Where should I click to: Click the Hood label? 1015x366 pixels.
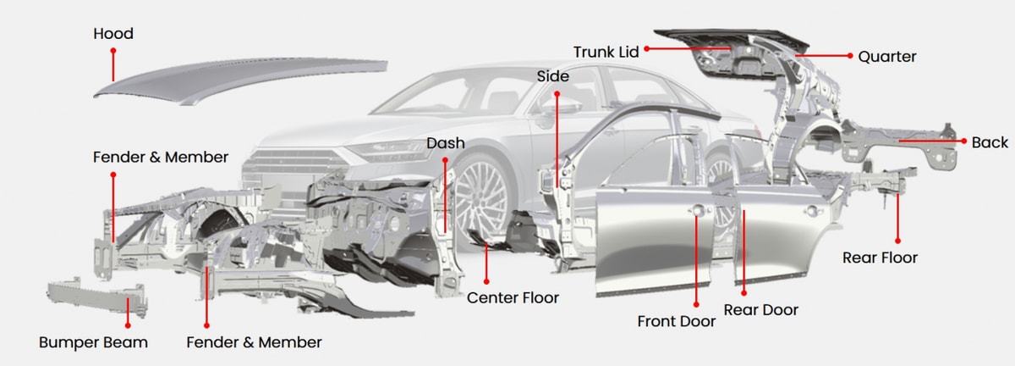(x=113, y=34)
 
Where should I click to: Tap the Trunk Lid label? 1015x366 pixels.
(x=606, y=52)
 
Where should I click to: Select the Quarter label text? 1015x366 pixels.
(x=886, y=57)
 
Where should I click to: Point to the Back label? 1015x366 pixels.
(x=990, y=142)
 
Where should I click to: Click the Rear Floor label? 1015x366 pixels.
(x=880, y=258)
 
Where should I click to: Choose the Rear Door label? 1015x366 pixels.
(x=760, y=310)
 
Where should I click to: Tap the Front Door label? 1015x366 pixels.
(x=677, y=321)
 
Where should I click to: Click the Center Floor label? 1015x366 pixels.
(x=513, y=298)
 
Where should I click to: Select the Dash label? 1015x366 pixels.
(x=446, y=143)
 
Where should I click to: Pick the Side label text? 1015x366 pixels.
(x=553, y=76)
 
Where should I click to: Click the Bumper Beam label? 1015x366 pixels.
(x=93, y=342)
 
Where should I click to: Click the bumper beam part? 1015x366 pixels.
(x=97, y=297)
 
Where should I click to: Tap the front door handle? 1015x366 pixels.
(x=697, y=210)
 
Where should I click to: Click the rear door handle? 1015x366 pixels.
(x=812, y=211)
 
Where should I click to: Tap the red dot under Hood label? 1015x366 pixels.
(x=113, y=51)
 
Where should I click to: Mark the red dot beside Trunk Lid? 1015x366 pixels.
(x=646, y=48)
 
